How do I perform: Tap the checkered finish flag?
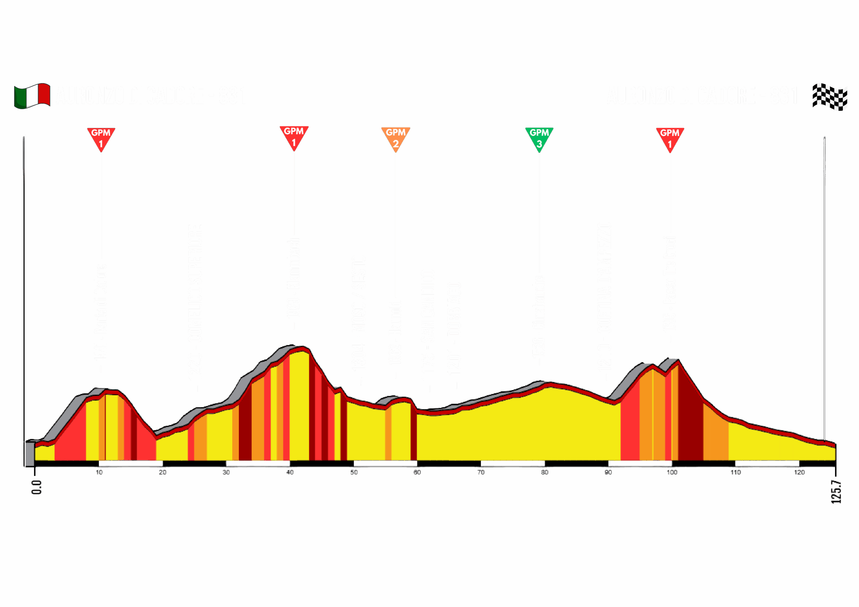[829, 97]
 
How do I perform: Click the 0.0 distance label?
[36, 487]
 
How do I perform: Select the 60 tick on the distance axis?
[417, 472]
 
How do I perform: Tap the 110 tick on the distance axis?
[736, 472]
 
